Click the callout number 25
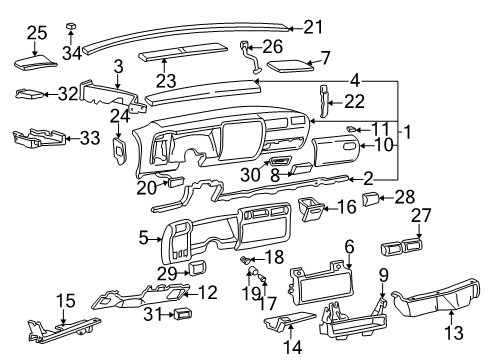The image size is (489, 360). click(x=35, y=33)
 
